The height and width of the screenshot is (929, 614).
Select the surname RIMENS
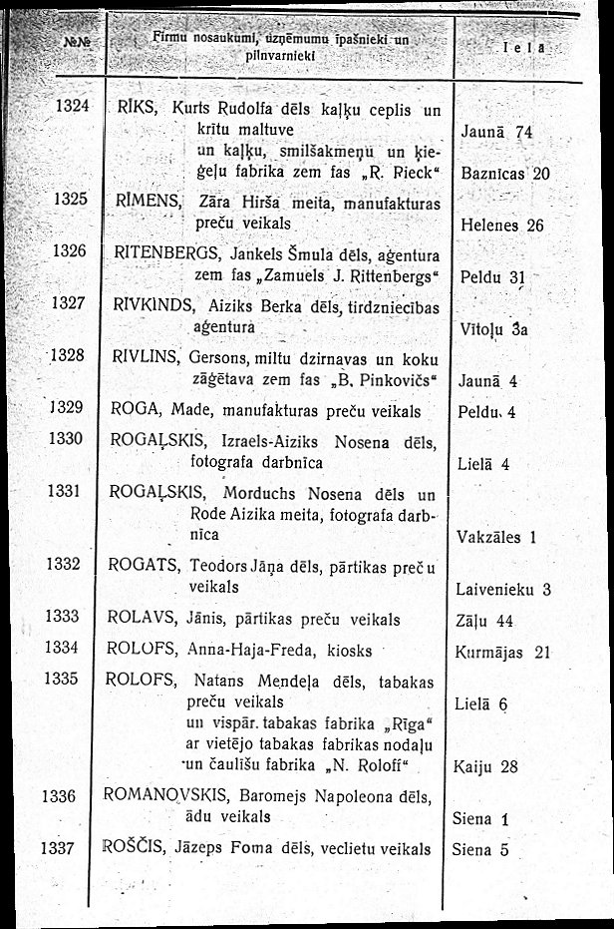(x=146, y=199)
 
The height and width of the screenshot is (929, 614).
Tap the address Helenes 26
(x=502, y=226)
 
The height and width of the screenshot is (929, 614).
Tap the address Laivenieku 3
(x=503, y=591)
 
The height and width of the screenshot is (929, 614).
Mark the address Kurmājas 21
(x=501, y=653)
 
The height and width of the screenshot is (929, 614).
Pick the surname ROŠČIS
(x=137, y=849)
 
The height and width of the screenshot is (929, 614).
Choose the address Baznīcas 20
(x=506, y=173)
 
